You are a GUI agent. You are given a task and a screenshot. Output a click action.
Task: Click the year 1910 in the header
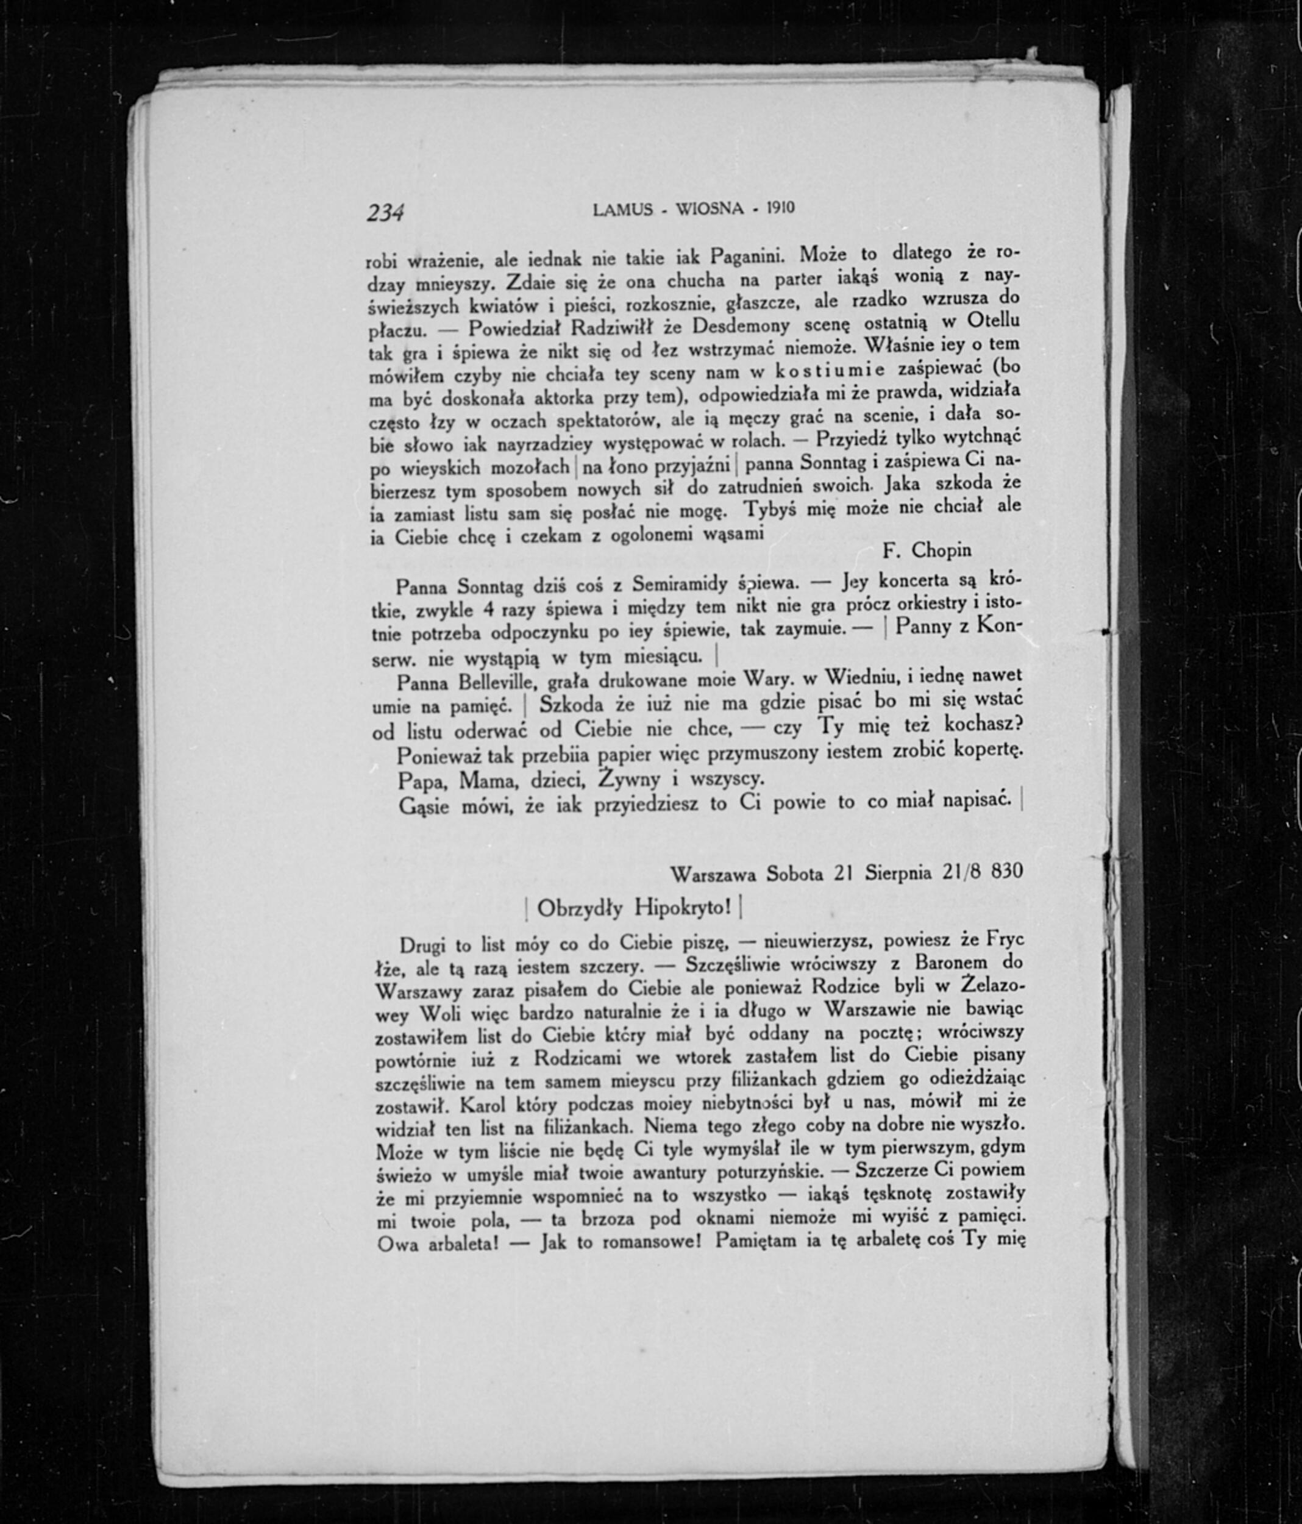(780, 208)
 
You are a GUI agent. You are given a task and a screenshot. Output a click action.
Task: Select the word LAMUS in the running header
(622, 210)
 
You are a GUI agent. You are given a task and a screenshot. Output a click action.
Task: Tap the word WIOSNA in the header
(710, 209)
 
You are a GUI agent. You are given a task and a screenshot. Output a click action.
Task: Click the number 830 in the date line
(1006, 872)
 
